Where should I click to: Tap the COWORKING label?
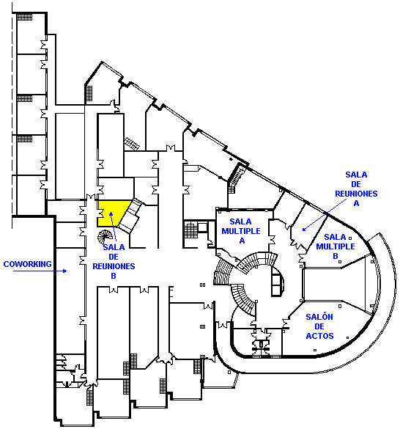[x=28, y=264]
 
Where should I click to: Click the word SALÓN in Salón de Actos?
[x=319, y=317]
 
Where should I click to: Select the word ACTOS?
[x=319, y=336]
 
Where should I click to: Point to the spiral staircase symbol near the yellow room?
[x=105, y=237]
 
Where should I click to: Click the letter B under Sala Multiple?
[x=336, y=256]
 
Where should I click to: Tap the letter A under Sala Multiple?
[x=242, y=241]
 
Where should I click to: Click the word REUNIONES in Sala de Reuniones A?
[x=356, y=194]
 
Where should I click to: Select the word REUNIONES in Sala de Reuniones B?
[x=114, y=266]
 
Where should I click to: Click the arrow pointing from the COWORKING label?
[x=40, y=271]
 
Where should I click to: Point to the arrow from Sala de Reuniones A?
[x=324, y=215]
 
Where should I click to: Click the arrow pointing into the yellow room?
[x=114, y=227]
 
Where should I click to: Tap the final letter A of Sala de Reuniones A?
[x=356, y=203]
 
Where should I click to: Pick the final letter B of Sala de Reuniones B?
[x=114, y=276]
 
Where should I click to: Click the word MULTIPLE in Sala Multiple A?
[x=241, y=231]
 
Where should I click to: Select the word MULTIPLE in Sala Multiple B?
[x=336, y=246]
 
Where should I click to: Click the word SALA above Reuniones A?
[x=356, y=175]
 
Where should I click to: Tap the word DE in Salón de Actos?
[x=319, y=326]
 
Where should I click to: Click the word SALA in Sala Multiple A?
[x=241, y=222]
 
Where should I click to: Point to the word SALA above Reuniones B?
[x=114, y=247]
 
